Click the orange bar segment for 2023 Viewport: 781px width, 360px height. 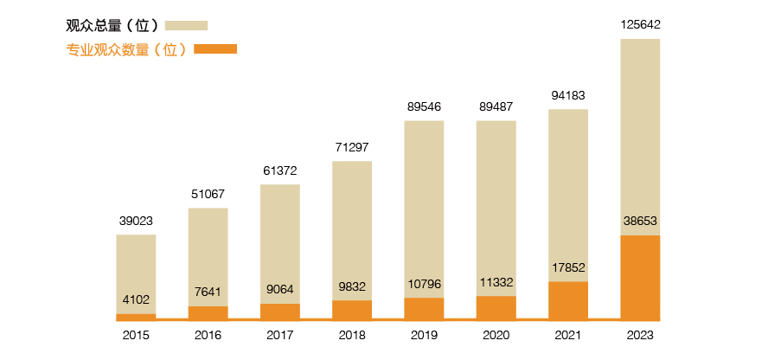pyautogui.click(x=640, y=277)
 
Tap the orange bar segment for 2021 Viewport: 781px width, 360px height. pyautogui.click(x=568, y=300)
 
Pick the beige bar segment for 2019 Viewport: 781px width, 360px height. pyautogui.click(x=424, y=209)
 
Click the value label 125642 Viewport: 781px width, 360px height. pyautogui.click(x=640, y=25)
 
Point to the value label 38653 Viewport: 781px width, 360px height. pyautogui.click(x=640, y=221)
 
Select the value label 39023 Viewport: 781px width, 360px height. pyautogui.click(x=136, y=221)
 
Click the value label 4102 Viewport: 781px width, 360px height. pyautogui.click(x=136, y=299)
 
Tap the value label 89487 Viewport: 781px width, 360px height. pyautogui.click(x=496, y=106)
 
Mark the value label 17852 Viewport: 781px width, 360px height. pyautogui.click(x=568, y=267)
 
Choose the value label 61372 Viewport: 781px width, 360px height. pyautogui.click(x=280, y=170)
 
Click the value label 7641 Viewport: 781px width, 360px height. pyautogui.click(x=208, y=292)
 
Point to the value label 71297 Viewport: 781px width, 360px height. pyautogui.click(x=352, y=147)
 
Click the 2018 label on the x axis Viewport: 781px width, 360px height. pyautogui.click(x=352, y=335)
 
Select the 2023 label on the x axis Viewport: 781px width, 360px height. pyautogui.click(x=640, y=335)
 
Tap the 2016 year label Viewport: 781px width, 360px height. pyautogui.click(x=208, y=335)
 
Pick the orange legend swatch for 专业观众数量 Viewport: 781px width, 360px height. pyautogui.click(x=215, y=49)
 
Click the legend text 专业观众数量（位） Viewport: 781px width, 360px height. pyautogui.click(x=126, y=49)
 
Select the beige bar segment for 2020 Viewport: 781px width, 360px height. pyautogui.click(x=496, y=208)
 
